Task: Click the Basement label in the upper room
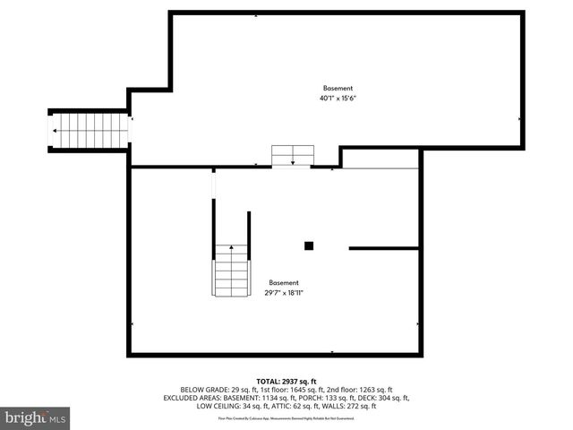[x=338, y=88]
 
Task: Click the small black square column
[x=309, y=245]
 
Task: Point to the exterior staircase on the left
[x=90, y=131]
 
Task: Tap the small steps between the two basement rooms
[x=293, y=154]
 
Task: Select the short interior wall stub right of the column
[x=383, y=248]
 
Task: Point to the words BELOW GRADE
[x=204, y=389]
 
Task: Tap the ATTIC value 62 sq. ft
[x=305, y=406]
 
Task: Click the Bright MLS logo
[x=36, y=417]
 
